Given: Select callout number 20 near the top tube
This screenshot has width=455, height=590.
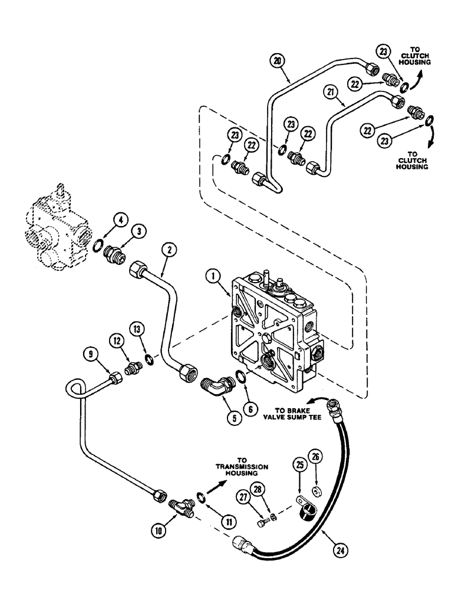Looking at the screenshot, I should click(277, 59).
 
